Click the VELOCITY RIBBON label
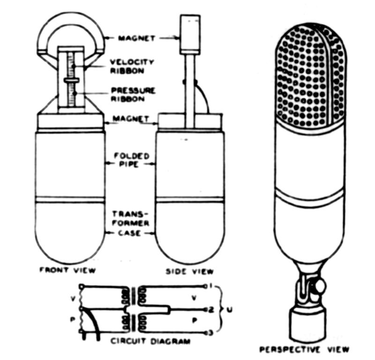[x=132, y=66]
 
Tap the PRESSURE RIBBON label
[x=133, y=95]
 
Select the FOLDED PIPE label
[x=132, y=160]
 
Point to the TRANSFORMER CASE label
[x=131, y=223]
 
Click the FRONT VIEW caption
[x=67, y=270]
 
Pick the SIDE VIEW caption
[x=189, y=271]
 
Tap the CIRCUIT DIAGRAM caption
[x=150, y=341]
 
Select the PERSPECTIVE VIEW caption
[x=304, y=350]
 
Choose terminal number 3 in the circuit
[x=211, y=333]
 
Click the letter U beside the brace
[x=229, y=310]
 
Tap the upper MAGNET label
[x=137, y=38]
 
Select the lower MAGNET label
[x=131, y=119]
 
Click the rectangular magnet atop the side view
[x=190, y=34]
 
